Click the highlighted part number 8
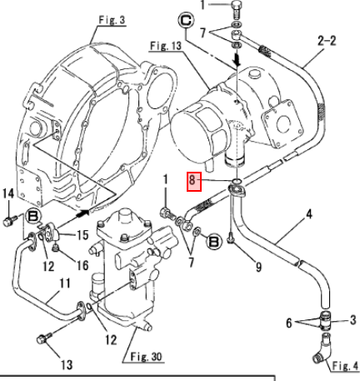click(x=193, y=182)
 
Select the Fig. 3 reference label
click(x=112, y=20)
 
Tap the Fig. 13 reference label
click(x=166, y=46)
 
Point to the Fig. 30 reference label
click(x=146, y=357)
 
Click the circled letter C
click(x=186, y=20)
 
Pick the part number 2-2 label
click(x=327, y=41)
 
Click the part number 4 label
click(x=308, y=214)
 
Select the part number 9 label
click(x=258, y=267)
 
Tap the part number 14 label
click(x=8, y=193)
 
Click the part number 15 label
click(x=82, y=235)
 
